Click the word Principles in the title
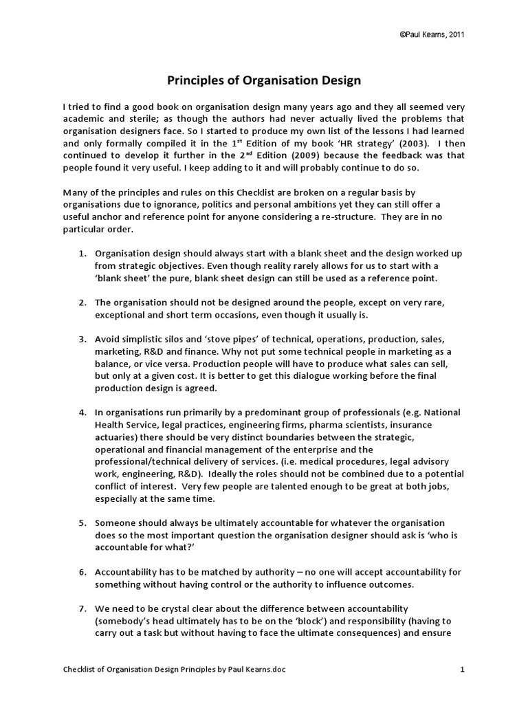(196, 81)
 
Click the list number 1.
(81, 253)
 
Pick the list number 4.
(81, 412)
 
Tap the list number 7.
(81, 609)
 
